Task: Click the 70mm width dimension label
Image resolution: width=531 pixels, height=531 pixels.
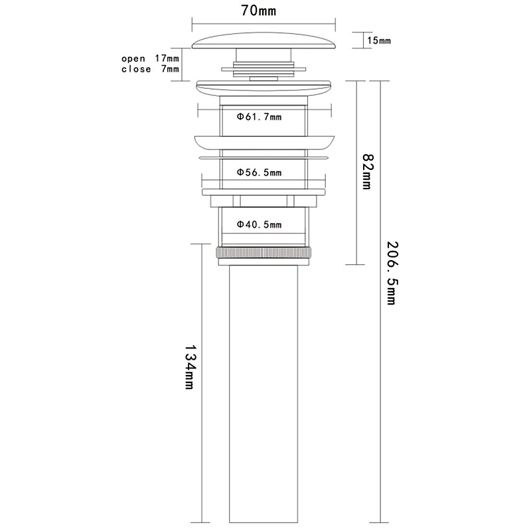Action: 259,11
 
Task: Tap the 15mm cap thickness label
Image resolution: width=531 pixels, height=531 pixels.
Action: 379,40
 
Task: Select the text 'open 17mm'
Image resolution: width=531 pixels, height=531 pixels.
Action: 151,58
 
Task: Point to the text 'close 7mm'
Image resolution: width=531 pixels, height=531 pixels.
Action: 151,69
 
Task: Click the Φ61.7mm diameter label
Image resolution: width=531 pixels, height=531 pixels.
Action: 259,117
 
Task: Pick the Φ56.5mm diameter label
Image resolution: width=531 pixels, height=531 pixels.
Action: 259,173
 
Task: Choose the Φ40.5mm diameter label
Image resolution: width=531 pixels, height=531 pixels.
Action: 259,224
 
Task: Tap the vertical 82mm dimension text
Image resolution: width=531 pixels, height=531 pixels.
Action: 367,172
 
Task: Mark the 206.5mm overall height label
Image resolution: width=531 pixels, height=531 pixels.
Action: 392,273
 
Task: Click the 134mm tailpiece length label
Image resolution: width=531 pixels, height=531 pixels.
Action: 190,367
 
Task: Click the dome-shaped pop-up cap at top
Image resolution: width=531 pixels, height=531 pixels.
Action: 264,41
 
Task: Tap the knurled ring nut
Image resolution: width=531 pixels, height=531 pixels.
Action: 264,254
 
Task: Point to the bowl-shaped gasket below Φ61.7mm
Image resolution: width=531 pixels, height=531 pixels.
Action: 264,143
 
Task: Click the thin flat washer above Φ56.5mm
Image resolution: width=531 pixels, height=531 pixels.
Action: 264,157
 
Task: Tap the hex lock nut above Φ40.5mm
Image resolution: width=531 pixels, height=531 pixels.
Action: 264,201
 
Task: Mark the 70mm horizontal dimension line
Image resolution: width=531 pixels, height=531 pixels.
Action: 264,24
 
